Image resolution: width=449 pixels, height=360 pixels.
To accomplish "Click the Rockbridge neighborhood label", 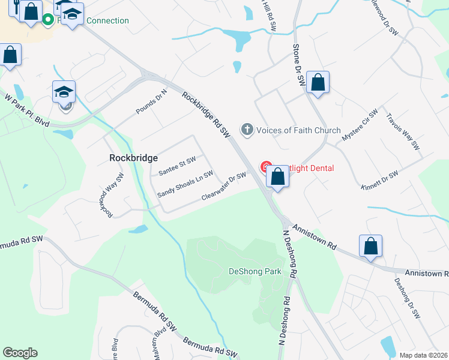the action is point(133,158).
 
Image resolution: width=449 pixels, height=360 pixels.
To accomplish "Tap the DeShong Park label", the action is point(255,271).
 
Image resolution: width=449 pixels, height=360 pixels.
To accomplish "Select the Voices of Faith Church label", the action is point(298,130).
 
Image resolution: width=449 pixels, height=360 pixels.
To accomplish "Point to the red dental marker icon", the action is point(264,167).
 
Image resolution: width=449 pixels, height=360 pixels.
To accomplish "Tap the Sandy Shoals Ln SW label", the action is point(185,185).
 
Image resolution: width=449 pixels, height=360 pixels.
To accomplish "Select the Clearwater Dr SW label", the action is point(224,186).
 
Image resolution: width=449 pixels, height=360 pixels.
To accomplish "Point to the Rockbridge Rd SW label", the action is point(206,117).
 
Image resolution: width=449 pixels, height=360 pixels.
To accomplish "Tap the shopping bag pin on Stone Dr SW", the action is point(318,83).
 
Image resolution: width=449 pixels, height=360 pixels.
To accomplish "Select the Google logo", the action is point(20,353).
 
